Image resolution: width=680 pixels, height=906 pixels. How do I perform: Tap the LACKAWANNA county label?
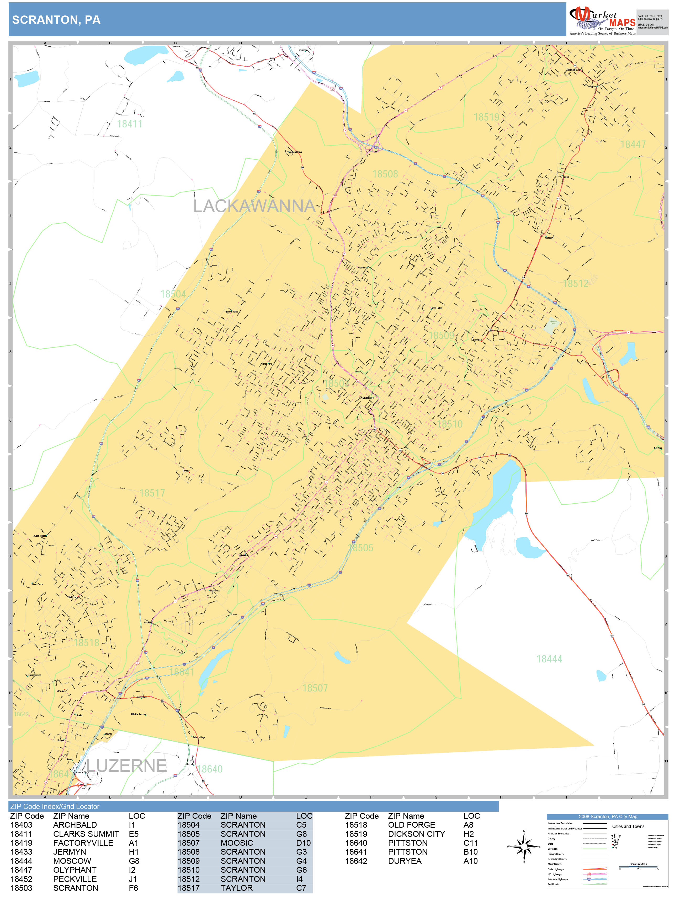click(x=254, y=206)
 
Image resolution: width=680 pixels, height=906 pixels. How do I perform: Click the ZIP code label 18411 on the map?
click(x=130, y=124)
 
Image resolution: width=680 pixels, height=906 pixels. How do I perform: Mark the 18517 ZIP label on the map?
click(x=152, y=493)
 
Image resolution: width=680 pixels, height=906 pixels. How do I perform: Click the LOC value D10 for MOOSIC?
click(x=303, y=843)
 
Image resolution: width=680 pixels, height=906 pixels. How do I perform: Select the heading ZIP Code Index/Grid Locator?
click(x=55, y=806)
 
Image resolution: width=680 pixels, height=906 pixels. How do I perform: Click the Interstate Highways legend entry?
click(x=557, y=879)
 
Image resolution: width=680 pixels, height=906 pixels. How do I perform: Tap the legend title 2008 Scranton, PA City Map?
click(x=607, y=817)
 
